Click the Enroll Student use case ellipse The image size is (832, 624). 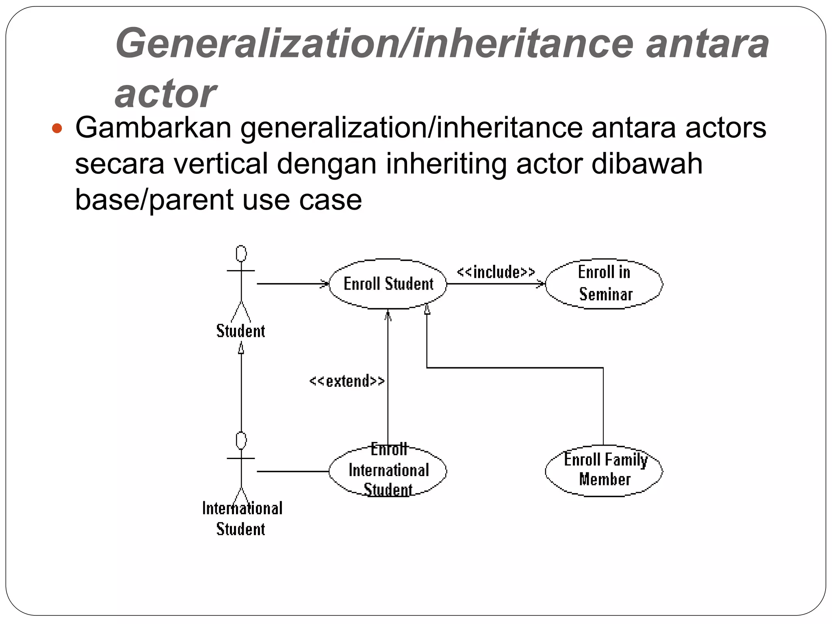388,284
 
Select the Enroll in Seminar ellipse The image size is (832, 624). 604,284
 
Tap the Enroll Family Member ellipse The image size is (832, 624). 604,470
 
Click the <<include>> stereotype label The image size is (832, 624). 496,272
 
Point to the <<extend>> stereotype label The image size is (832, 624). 347,381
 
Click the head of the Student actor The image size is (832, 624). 241,253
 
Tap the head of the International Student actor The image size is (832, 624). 241,441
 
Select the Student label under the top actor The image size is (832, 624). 240,331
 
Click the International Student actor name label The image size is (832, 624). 242,518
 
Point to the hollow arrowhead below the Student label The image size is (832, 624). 241,348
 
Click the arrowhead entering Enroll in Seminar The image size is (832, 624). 541,284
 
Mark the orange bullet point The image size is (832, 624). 57,129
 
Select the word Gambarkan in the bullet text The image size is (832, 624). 153,128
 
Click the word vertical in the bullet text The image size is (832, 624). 221,164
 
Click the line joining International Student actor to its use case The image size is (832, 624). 292,471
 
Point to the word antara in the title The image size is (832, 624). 707,44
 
